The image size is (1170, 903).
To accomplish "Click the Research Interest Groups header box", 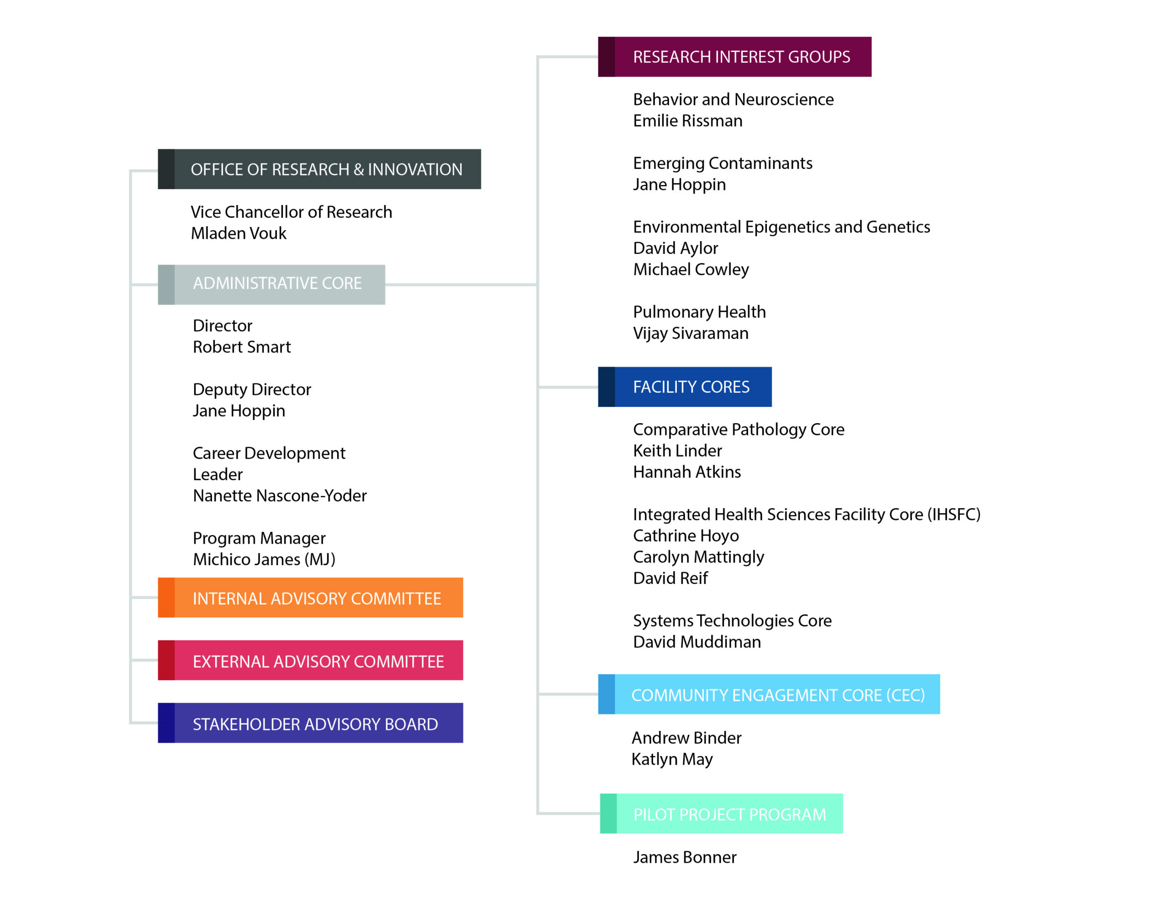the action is pyautogui.click(x=734, y=57).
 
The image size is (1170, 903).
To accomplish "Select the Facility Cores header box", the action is pyautogui.click(x=685, y=387).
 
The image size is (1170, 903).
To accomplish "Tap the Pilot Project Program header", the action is pyautogui.click(x=721, y=814).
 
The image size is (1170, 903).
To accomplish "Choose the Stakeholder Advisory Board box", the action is pyautogui.click(x=310, y=723).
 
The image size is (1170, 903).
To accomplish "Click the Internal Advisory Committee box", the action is pyautogui.click(x=310, y=598).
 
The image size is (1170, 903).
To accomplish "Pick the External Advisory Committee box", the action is pyautogui.click(x=310, y=660).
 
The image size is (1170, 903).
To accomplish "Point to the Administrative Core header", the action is pyautogui.click(x=271, y=285).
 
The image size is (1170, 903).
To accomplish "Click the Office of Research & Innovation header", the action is pyautogui.click(x=319, y=169).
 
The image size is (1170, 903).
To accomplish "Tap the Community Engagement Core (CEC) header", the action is pyautogui.click(x=769, y=694).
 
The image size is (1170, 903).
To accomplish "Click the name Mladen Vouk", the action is pyautogui.click(x=239, y=233).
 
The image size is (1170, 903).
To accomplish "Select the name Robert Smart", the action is pyautogui.click(x=242, y=347).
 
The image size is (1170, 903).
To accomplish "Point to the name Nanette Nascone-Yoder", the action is pyautogui.click(x=280, y=496).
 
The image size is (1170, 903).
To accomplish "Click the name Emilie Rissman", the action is pyautogui.click(x=687, y=121).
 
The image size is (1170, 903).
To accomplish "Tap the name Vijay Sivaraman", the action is pyautogui.click(x=691, y=333).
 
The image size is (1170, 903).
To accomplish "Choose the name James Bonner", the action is pyautogui.click(x=685, y=857).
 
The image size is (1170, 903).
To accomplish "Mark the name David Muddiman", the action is pyautogui.click(x=697, y=642).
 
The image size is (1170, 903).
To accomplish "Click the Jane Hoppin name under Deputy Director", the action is pyautogui.click(x=239, y=411).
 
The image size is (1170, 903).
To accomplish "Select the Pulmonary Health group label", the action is pyautogui.click(x=699, y=312).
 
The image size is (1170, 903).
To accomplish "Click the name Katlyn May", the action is pyautogui.click(x=672, y=760).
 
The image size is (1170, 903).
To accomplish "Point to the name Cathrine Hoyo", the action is pyautogui.click(x=686, y=536).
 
